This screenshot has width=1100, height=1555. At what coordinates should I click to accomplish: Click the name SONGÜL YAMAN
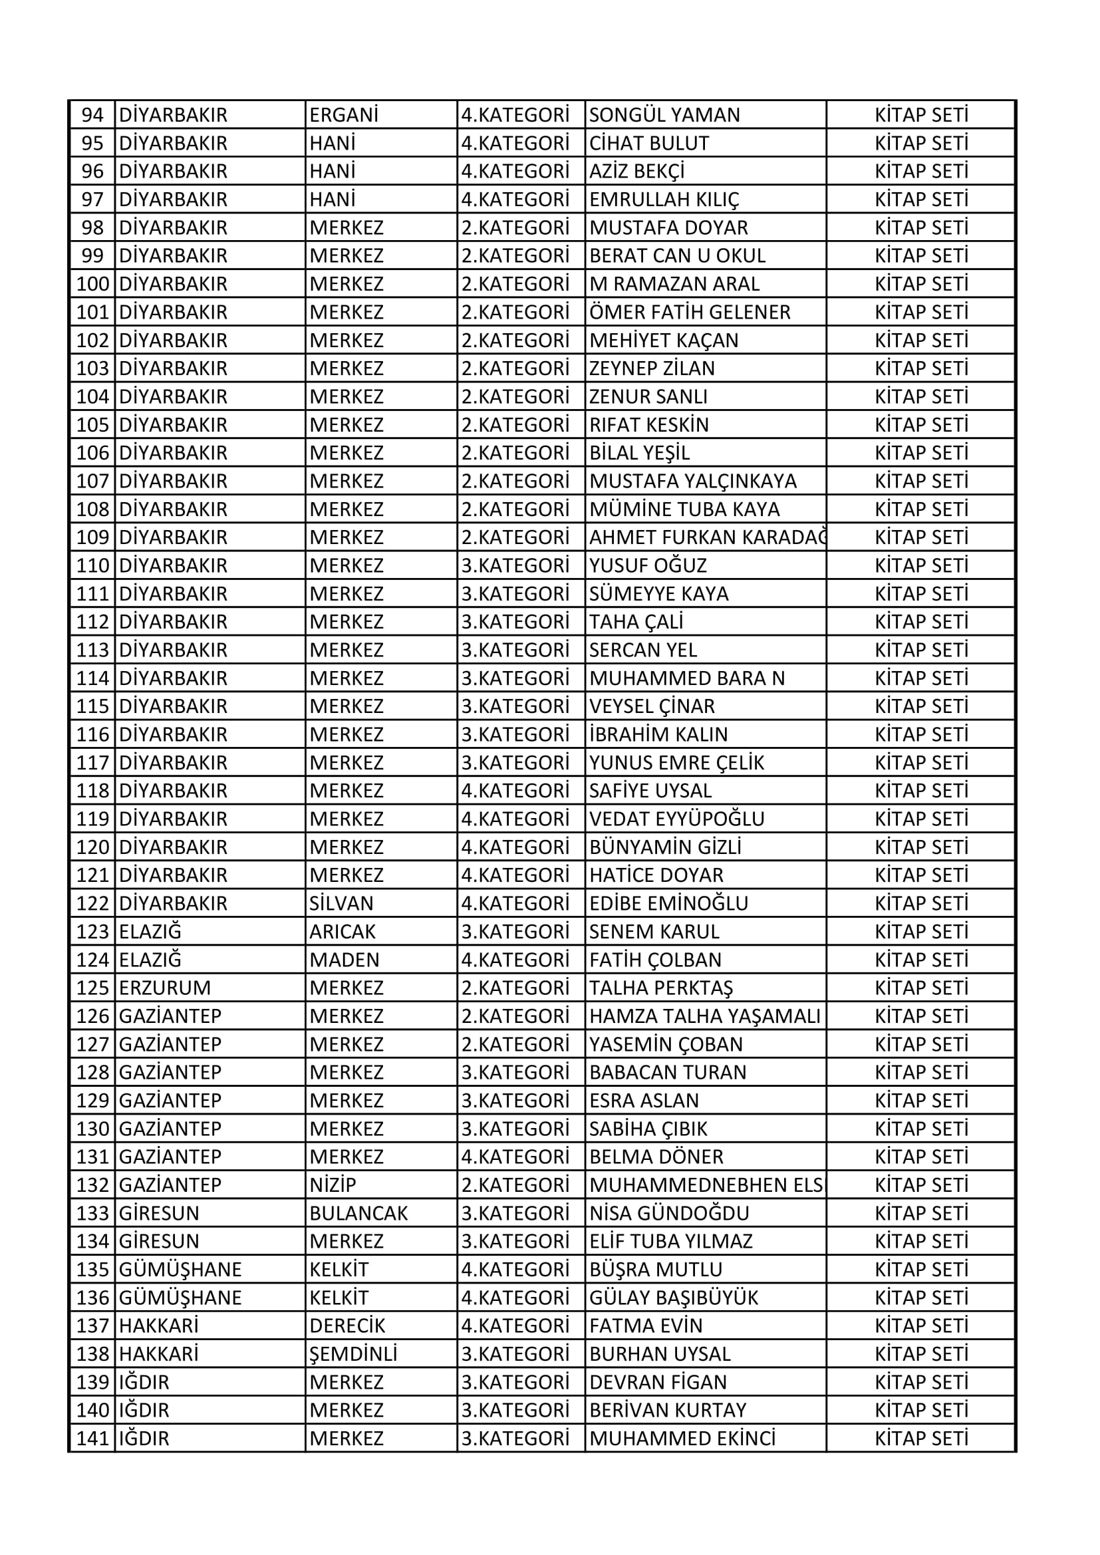[664, 115]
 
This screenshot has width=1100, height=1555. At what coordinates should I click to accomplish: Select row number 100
[93, 284]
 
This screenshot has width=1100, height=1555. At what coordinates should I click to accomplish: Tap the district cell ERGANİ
[343, 115]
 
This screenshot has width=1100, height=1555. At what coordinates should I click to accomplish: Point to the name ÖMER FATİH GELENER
[690, 312]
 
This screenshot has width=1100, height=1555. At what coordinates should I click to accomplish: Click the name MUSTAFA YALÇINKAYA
[692, 481]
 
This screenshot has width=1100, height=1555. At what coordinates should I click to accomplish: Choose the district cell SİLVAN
[341, 903]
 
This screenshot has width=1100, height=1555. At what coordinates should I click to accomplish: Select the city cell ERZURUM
[164, 988]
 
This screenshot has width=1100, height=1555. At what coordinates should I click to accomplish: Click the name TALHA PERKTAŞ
[661, 988]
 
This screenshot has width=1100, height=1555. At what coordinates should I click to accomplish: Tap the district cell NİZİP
[333, 1185]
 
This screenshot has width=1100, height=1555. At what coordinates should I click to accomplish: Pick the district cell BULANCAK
[358, 1213]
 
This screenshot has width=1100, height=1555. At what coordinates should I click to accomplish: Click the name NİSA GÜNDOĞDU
[669, 1213]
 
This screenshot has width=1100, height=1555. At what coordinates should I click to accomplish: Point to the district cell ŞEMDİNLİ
[353, 1354]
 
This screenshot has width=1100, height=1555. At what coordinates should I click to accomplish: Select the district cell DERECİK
[346, 1326]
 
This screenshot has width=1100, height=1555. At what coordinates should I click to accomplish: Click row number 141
[93, 1439]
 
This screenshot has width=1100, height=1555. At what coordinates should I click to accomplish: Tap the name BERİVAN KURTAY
[668, 1410]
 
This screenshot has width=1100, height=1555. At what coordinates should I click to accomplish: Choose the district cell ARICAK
[342, 932]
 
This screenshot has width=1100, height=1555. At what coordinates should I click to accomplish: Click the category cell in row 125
[515, 988]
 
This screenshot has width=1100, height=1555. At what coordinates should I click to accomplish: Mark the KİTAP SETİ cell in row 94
[921, 115]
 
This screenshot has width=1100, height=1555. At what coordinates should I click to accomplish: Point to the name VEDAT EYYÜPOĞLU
[676, 819]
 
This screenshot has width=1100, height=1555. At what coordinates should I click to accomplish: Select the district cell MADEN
[344, 960]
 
